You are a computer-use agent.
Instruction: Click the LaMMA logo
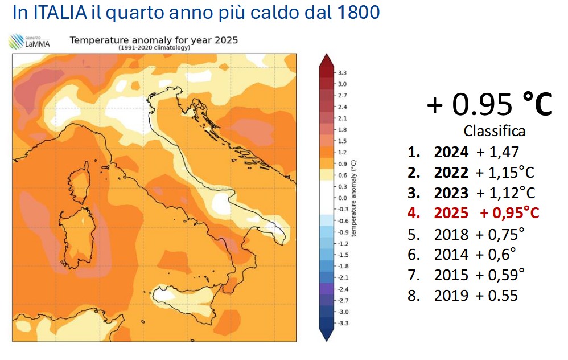click(29, 42)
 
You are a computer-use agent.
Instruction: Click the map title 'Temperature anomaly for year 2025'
click(154, 40)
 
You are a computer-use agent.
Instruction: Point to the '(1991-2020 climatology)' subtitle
click(154, 48)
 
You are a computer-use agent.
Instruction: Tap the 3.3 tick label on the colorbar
click(343, 73)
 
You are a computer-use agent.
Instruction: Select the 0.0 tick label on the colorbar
click(343, 198)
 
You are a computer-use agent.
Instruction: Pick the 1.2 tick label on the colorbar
click(343, 152)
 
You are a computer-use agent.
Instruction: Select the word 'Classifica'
click(495, 131)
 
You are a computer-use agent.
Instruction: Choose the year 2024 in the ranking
click(451, 152)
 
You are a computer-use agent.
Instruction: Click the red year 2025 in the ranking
click(451, 213)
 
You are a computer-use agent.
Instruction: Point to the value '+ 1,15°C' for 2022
click(505, 173)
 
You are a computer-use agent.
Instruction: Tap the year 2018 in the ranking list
click(451, 234)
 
